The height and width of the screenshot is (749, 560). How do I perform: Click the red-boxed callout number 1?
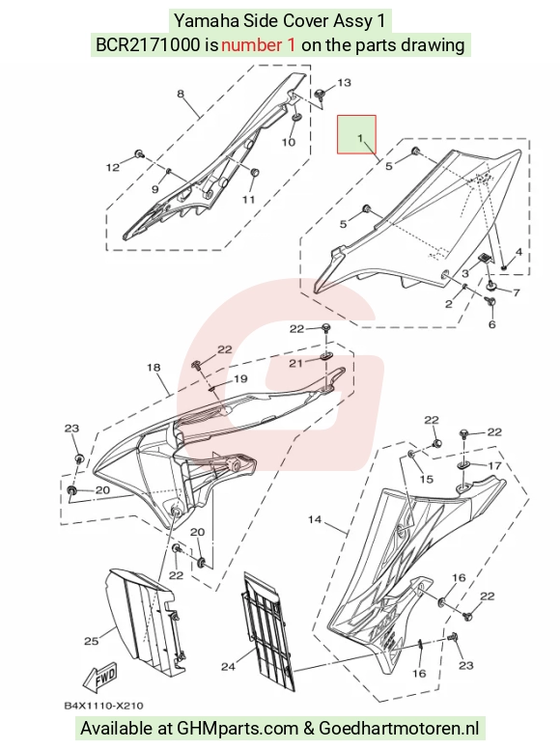tap(360, 139)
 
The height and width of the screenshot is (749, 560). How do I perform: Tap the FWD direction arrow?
tap(99, 678)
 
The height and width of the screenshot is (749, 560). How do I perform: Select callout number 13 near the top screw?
tap(344, 83)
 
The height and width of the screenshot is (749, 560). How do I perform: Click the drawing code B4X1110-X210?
tap(103, 706)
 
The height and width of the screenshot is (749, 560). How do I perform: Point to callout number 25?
tap(92, 641)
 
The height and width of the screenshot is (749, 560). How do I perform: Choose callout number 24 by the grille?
tap(229, 666)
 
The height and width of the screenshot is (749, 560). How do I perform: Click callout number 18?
tap(154, 368)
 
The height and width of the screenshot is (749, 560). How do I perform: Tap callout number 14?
tap(315, 519)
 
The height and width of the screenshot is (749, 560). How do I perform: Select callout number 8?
tap(181, 94)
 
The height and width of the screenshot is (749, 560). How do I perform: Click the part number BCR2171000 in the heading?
tap(148, 45)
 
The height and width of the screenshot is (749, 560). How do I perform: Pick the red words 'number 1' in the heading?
tap(258, 45)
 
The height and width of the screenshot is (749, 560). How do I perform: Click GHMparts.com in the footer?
tap(238, 729)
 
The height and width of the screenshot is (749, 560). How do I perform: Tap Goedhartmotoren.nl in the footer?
tap(399, 729)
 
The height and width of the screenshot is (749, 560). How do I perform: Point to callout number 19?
tap(240, 378)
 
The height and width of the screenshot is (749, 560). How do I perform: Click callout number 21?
tap(295, 364)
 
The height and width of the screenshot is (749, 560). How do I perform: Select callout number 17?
tap(494, 465)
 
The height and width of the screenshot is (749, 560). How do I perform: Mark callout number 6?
tap(492, 325)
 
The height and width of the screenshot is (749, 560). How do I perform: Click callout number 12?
tap(113, 168)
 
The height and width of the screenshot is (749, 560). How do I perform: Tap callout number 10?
tap(289, 142)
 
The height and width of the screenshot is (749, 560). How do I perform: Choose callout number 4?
tap(518, 252)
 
